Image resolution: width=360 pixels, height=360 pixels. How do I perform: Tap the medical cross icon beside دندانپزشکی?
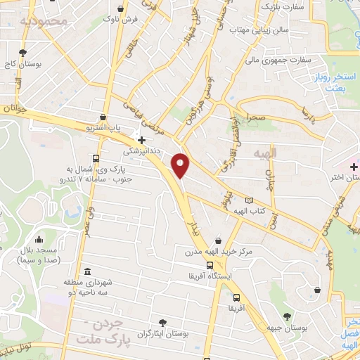142,139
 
